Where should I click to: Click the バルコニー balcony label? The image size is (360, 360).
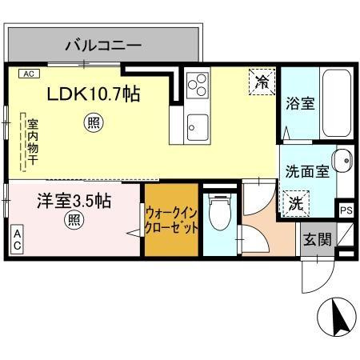click(103, 46)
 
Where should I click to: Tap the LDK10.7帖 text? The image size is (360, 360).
click(94, 94)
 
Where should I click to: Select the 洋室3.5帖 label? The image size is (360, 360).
click(74, 201)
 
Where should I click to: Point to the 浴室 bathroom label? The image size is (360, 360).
click(300, 104)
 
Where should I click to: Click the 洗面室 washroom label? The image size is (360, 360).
click(307, 171)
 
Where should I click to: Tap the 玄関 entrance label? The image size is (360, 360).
click(318, 239)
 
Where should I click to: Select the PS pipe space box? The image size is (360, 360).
click(346, 210)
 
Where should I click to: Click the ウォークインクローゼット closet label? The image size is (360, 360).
click(171, 221)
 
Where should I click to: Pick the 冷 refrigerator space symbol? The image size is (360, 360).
click(262, 82)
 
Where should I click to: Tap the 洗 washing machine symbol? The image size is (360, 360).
click(296, 203)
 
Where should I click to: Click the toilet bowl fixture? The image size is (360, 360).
click(220, 212)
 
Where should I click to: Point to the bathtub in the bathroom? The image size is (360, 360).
click(337, 103)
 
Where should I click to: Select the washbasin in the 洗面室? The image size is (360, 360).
click(342, 161)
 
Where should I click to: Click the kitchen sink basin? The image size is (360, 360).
click(198, 127)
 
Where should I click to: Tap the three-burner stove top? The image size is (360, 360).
click(198, 85)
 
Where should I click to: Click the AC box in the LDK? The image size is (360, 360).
click(29, 74)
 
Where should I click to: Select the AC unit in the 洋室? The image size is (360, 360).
click(17, 239)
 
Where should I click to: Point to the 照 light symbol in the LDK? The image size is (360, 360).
click(94, 122)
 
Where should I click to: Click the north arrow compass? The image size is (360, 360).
click(337, 317)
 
